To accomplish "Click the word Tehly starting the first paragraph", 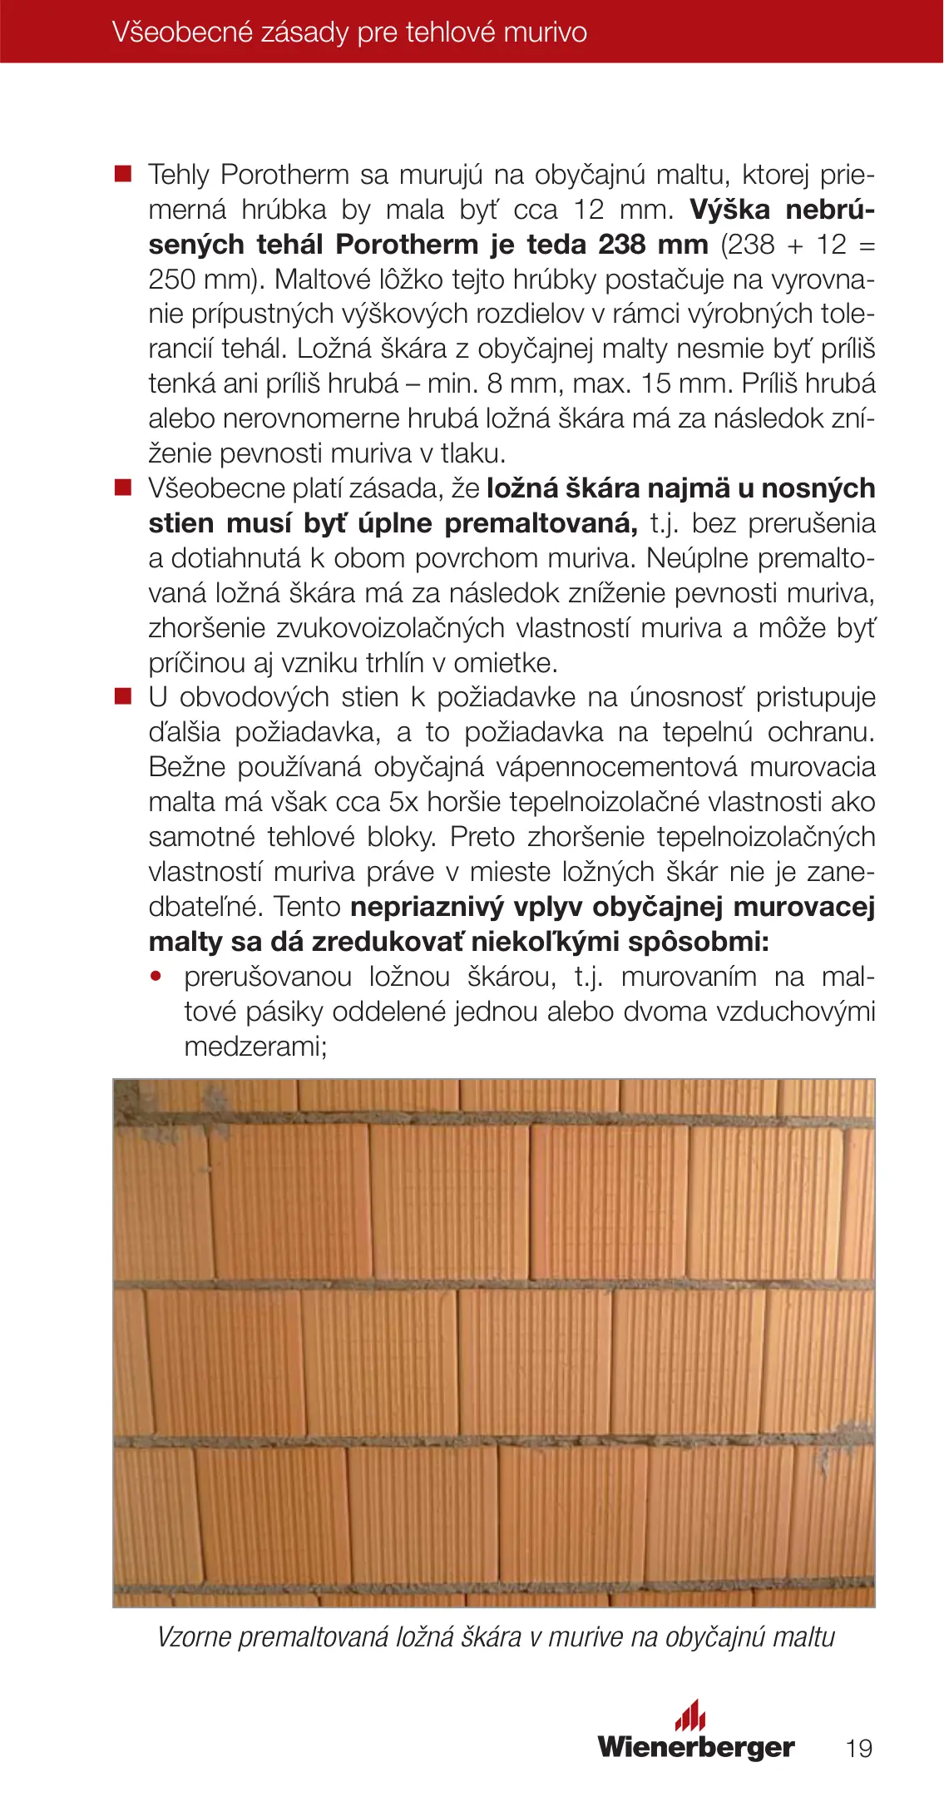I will coord(179,176).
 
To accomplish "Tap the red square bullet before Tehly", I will coord(123,174).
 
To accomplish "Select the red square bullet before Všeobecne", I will coord(123,488).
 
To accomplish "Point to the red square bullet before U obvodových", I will coord(123,696).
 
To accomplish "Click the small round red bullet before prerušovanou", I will coord(156,976).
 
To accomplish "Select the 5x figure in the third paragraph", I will coord(405,802).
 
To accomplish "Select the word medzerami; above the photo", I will coord(256,1047).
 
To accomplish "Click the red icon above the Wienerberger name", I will coord(690,1715).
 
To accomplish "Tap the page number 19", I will coord(858,1748).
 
